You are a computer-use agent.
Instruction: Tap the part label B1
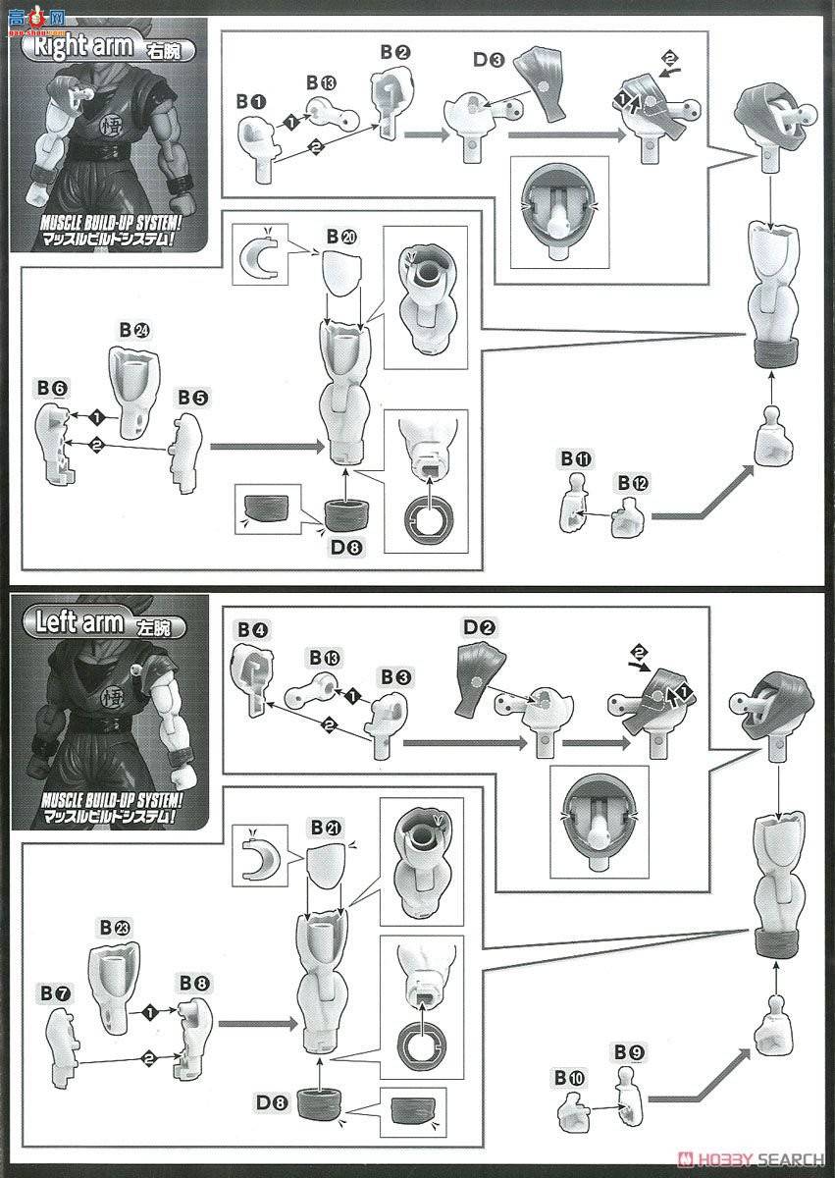(251, 101)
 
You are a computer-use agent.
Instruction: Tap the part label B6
(52, 390)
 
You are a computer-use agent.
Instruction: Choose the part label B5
(192, 398)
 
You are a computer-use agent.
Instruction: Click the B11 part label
(576, 458)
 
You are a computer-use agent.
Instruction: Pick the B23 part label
(115, 926)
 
